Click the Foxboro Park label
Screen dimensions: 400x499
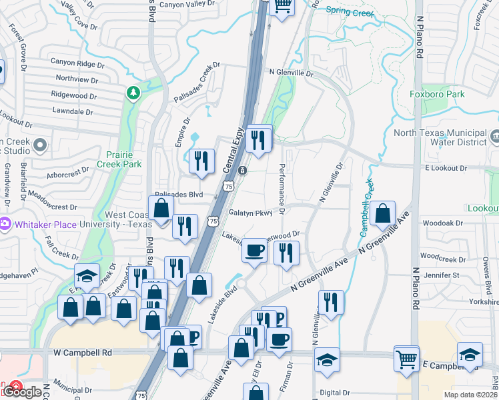coord(437,95)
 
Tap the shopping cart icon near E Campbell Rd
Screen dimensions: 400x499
coord(406,358)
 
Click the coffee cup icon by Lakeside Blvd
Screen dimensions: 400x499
coord(254,251)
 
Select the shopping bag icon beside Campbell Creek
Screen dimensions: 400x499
coord(384,214)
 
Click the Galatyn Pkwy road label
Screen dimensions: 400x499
coord(251,213)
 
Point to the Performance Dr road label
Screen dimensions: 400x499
coord(282,189)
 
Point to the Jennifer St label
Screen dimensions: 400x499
coord(442,275)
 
